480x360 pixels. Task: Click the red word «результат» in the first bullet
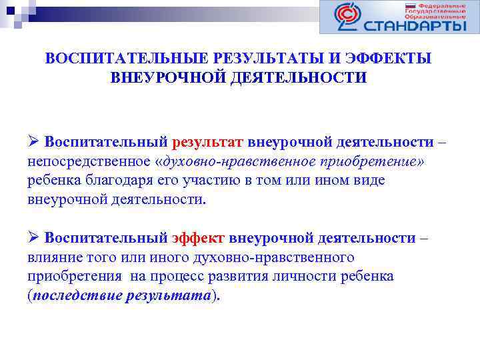coord(208,143)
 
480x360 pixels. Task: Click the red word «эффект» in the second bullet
coord(199,239)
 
